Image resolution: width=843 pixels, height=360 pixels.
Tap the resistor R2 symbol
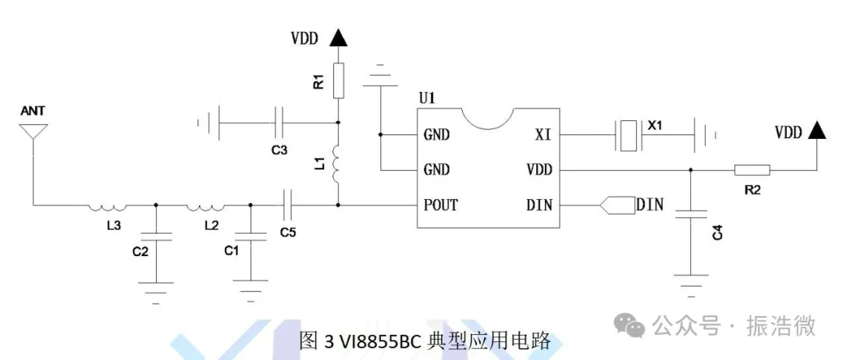752,169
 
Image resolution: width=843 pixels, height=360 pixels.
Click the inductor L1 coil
337,164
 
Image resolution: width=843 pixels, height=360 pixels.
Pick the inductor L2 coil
205,206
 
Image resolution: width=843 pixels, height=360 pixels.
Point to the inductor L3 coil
107,206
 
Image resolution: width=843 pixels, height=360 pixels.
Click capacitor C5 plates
288,205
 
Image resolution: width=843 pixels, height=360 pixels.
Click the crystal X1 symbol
628,135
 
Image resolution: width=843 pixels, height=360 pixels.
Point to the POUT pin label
441,205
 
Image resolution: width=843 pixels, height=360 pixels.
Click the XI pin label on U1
543,135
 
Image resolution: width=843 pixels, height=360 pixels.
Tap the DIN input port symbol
617,205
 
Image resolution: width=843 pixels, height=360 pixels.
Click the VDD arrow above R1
337,37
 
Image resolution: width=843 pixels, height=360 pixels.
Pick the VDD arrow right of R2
817,131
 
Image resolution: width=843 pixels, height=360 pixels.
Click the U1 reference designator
427,99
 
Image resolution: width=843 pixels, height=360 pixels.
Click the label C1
232,250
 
